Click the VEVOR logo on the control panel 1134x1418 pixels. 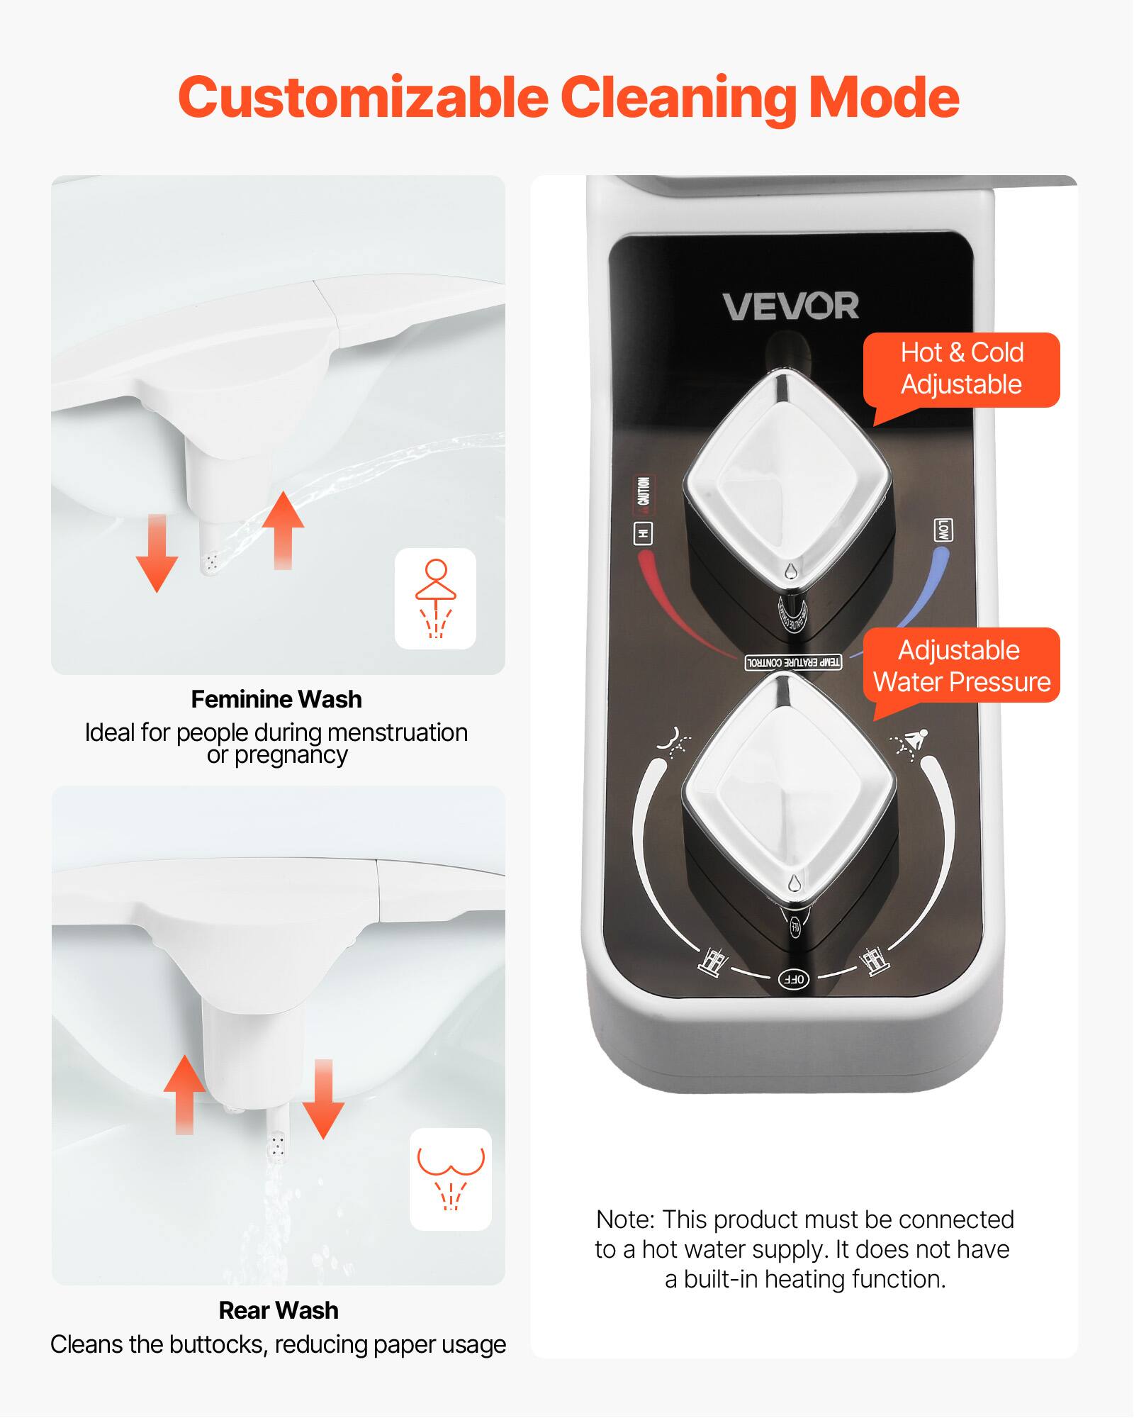(790, 306)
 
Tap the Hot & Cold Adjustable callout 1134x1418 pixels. (961, 369)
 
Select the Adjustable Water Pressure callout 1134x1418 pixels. (961, 666)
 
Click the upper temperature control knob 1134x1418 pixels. (787, 482)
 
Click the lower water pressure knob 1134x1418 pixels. (789, 791)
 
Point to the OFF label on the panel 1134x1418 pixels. (794, 979)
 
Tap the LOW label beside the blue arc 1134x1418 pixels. (943, 530)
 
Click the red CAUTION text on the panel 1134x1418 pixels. (643, 491)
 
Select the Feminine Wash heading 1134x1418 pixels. (276, 699)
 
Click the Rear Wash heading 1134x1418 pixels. (279, 1310)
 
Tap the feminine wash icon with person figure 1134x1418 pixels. (435, 598)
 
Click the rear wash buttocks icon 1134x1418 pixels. (451, 1179)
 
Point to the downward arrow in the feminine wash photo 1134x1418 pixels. (157, 553)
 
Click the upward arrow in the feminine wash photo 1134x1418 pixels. (283, 529)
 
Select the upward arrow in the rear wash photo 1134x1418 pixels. (184, 1094)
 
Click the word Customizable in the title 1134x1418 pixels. (363, 98)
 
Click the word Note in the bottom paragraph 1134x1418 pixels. (624, 1219)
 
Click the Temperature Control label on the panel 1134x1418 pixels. (793, 662)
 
